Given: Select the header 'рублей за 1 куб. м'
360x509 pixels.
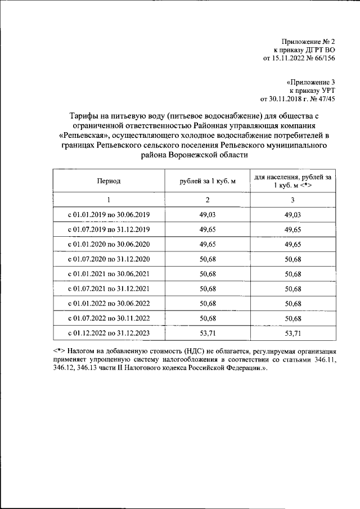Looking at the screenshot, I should (206, 181).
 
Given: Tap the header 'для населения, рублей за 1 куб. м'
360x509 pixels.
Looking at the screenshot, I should (292, 181).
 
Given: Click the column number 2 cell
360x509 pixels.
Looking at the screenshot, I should (206, 200).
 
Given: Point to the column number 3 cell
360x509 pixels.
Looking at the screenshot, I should (292, 200).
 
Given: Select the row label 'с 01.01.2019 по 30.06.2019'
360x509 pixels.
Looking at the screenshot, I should (109, 215).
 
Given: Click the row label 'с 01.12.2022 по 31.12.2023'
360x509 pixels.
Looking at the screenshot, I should (109, 333).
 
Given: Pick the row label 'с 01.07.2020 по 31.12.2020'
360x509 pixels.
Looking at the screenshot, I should (109, 259).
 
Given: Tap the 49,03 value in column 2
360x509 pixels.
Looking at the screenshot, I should (206, 215).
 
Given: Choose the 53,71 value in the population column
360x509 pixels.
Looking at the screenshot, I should (292, 333).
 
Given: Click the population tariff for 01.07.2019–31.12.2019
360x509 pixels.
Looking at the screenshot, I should (292, 229).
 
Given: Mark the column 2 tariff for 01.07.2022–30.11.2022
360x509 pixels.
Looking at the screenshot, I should (206, 318).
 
